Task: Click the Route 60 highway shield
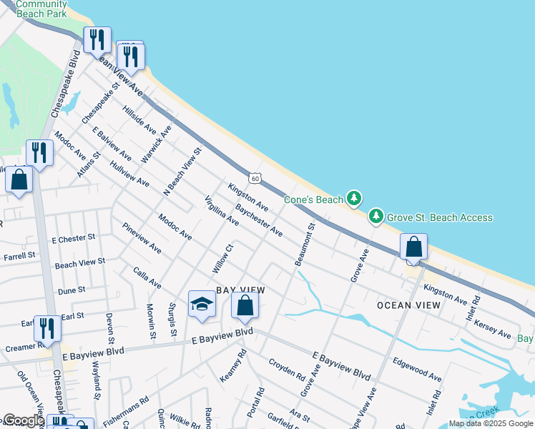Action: tap(255, 177)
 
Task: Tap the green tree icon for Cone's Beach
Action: tap(353, 197)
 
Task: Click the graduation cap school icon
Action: tap(202, 305)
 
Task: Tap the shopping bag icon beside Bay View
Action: tap(245, 305)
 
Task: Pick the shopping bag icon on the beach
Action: tap(413, 247)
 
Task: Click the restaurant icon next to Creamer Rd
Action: tap(47, 329)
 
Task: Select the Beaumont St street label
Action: tap(304, 245)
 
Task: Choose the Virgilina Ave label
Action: tap(222, 211)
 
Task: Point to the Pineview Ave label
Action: tap(142, 237)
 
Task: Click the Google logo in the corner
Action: tap(23, 420)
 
